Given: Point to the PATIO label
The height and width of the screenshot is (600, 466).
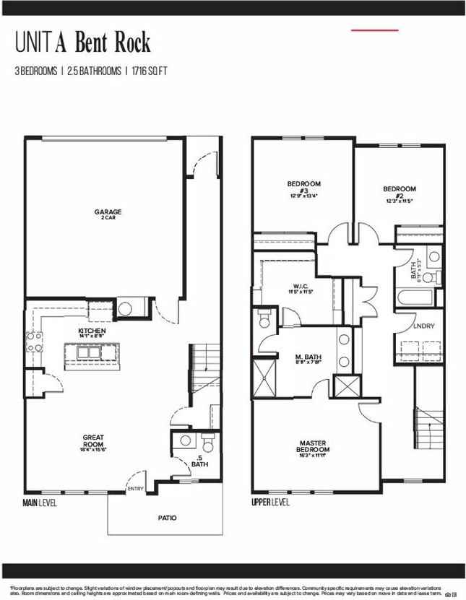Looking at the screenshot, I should coord(167,517).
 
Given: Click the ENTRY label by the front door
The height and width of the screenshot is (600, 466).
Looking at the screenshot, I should coord(135,489).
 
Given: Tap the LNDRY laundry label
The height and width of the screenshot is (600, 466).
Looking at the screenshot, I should coord(423,326).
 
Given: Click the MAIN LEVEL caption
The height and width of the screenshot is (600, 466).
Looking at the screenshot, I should coord(40,503).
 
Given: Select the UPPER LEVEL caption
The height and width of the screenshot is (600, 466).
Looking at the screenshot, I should coord(270,503).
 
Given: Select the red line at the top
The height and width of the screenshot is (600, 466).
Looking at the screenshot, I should coord(374,30).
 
